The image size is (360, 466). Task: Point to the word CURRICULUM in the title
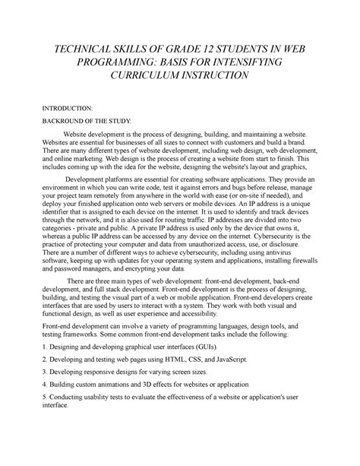click(150, 77)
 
